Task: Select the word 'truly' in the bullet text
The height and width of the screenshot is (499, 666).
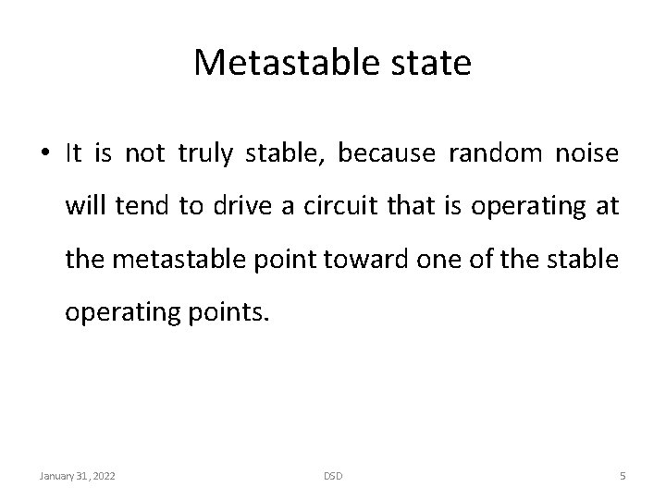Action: [x=209, y=154]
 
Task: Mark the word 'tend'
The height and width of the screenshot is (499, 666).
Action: [x=139, y=208]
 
